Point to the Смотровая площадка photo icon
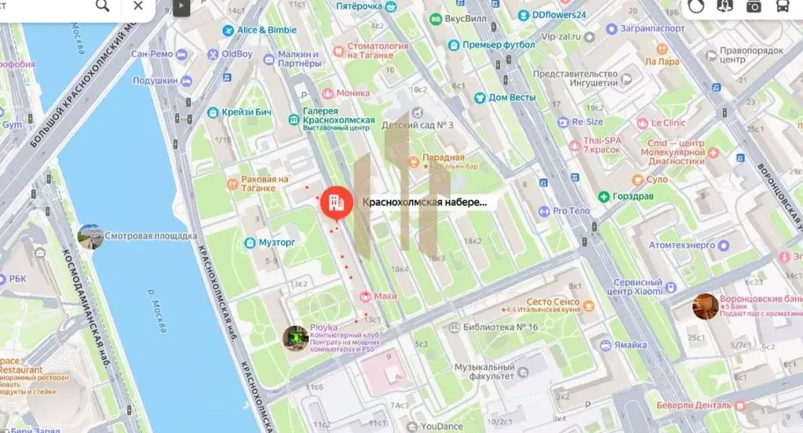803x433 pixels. pos(90,236)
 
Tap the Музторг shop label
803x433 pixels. pos(276,242)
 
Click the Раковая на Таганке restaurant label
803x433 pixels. pos(258,184)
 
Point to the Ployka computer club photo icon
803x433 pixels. pos(295,338)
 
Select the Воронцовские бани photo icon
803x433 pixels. pos(705,306)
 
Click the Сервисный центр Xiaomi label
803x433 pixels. pos(643,286)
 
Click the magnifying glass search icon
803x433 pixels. pos(103,6)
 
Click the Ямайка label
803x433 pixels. pos(630,345)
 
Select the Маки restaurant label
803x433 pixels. pos(385,296)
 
